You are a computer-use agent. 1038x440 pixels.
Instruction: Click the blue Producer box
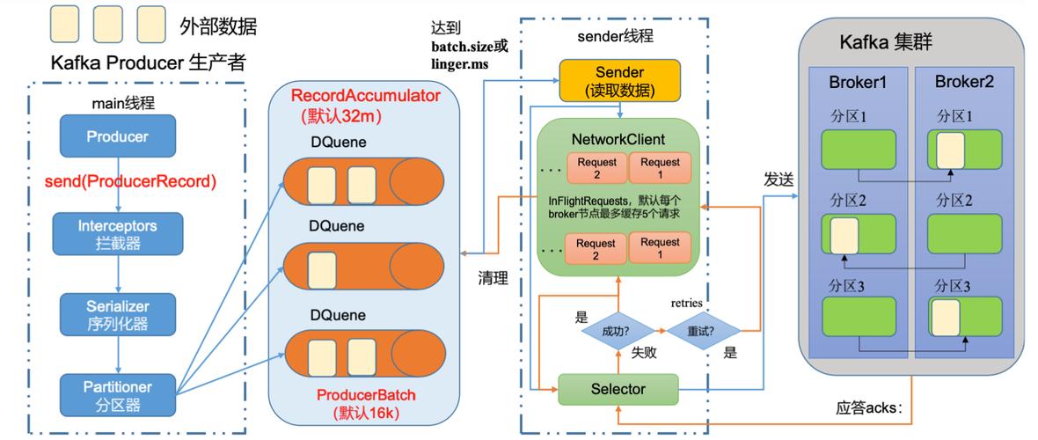118,136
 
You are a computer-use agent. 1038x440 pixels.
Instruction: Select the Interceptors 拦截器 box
118,234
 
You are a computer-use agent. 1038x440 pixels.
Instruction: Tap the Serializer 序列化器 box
118,315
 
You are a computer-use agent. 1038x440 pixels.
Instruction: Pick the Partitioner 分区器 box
118,395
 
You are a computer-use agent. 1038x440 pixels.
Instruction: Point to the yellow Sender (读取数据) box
619,80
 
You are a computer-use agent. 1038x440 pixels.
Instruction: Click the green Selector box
618,389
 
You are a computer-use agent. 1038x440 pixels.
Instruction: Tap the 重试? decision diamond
703,330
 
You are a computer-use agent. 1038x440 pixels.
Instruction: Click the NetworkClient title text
618,141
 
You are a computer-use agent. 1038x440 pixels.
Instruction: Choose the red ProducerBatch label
366,395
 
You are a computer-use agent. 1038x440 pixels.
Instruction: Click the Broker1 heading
858,83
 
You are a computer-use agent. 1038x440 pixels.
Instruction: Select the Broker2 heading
964,82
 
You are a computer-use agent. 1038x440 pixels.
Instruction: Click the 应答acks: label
868,407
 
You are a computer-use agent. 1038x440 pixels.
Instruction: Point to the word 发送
779,180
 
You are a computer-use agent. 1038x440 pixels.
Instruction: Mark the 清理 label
493,278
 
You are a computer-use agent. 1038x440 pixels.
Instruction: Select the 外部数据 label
218,26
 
